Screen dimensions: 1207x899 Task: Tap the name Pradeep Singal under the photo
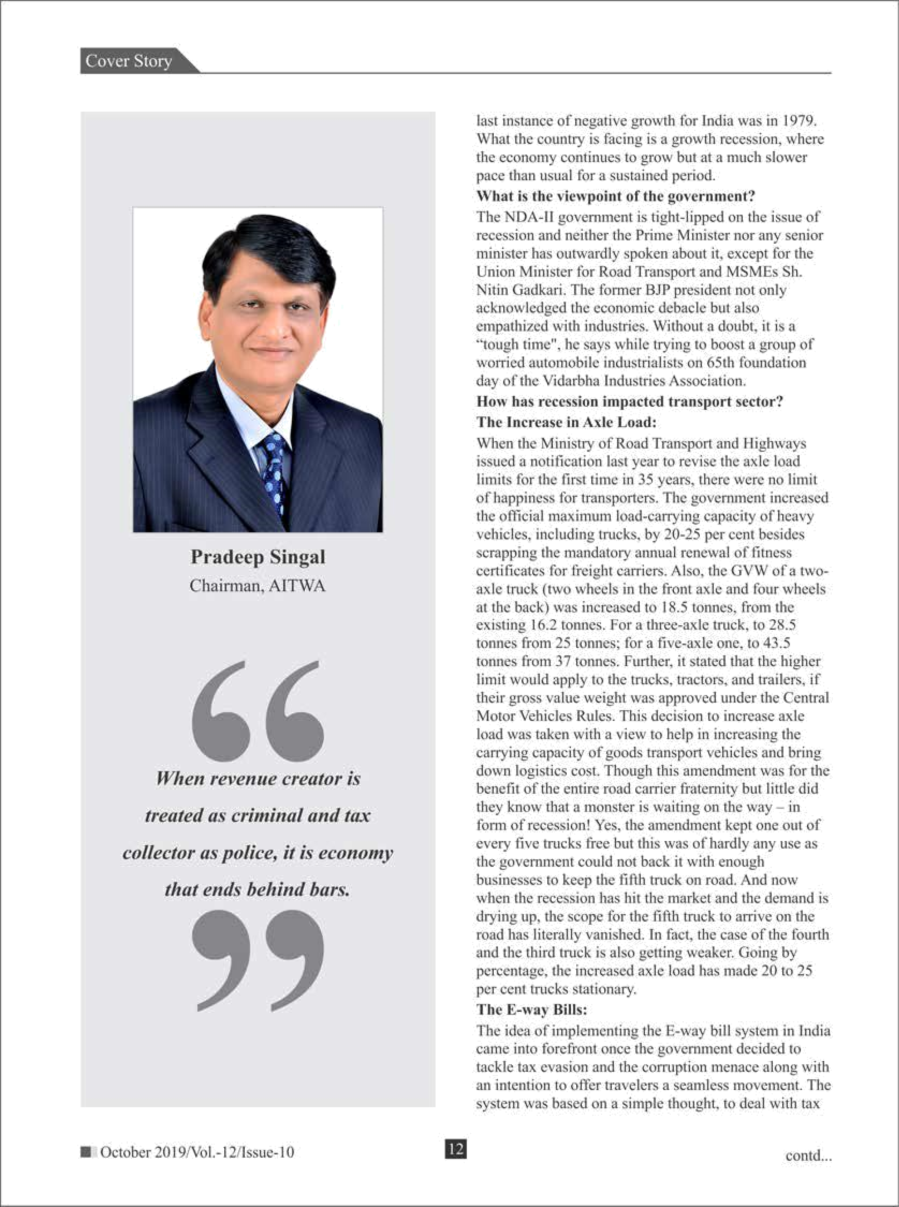[258, 557]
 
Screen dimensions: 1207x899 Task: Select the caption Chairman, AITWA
[258, 586]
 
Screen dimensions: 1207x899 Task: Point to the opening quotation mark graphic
[258, 710]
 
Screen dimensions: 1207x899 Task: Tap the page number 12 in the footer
[455, 1149]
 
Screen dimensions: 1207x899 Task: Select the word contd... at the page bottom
[808, 1155]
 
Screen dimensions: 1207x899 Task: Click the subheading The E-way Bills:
[532, 1010]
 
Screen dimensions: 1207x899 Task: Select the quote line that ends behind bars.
[258, 889]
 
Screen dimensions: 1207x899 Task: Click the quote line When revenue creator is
[258, 779]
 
